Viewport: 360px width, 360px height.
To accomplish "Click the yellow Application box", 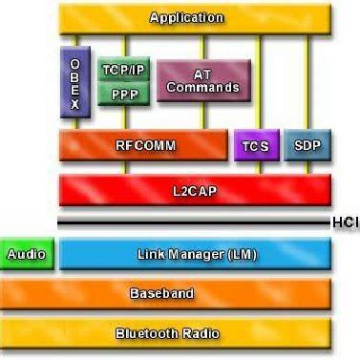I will [x=195, y=17].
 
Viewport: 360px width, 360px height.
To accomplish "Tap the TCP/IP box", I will [x=123, y=70].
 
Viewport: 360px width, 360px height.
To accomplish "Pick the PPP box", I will [x=123, y=95].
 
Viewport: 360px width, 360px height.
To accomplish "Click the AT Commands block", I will [x=203, y=82].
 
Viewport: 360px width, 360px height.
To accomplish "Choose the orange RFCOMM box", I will [x=144, y=146].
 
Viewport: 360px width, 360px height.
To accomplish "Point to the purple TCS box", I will [x=254, y=146].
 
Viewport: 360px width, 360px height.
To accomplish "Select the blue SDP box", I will [x=307, y=146].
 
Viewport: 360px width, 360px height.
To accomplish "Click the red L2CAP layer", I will [x=195, y=190].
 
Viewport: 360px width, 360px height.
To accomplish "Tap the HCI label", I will [x=345, y=222].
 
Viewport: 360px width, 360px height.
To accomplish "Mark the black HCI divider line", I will [x=191, y=222].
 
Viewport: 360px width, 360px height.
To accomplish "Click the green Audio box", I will [x=26, y=254].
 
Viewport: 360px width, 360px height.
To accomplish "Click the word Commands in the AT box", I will [x=203, y=89].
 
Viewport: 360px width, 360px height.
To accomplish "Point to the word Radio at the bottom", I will [x=201, y=333].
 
